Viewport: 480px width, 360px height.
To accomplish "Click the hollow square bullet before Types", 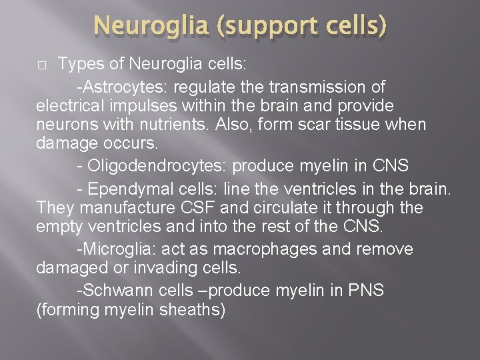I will (x=41, y=65).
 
